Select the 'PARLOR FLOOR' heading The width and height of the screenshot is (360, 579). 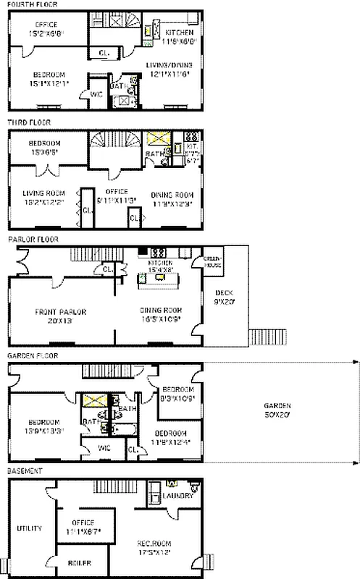(x=30, y=238)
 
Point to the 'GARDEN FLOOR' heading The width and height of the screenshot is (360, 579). (x=30, y=356)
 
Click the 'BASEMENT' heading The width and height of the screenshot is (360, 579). (x=23, y=470)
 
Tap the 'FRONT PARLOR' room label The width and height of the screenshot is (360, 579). (x=61, y=312)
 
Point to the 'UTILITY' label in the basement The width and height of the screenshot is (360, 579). (x=29, y=528)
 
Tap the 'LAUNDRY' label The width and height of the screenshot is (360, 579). (x=177, y=496)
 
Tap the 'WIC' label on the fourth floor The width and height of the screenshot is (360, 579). (x=96, y=93)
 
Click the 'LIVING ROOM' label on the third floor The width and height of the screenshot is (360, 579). (x=44, y=193)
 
